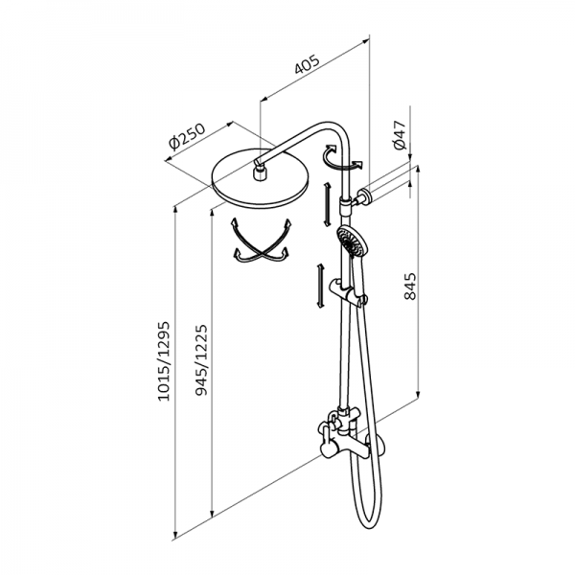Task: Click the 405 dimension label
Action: pos(308,65)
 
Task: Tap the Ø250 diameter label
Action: pos(187,137)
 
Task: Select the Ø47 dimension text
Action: pos(400,134)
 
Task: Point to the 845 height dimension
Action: pos(410,286)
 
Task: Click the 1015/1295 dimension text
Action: pos(164,361)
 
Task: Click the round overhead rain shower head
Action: pos(261,178)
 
